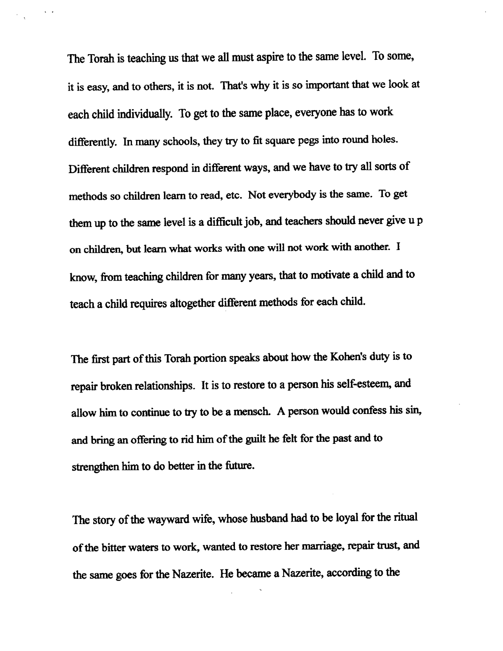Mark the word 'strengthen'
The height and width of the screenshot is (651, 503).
pos(95,467)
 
